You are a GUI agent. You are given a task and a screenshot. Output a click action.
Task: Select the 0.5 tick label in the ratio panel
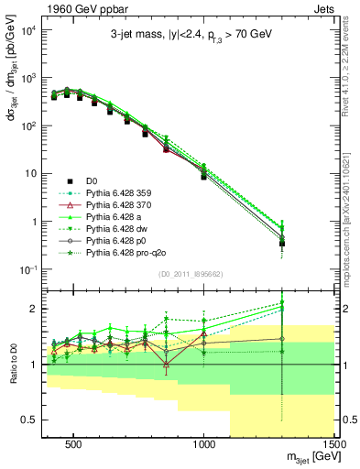[29, 420]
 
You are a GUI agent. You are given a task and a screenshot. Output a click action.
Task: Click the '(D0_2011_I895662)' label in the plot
[190, 274]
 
